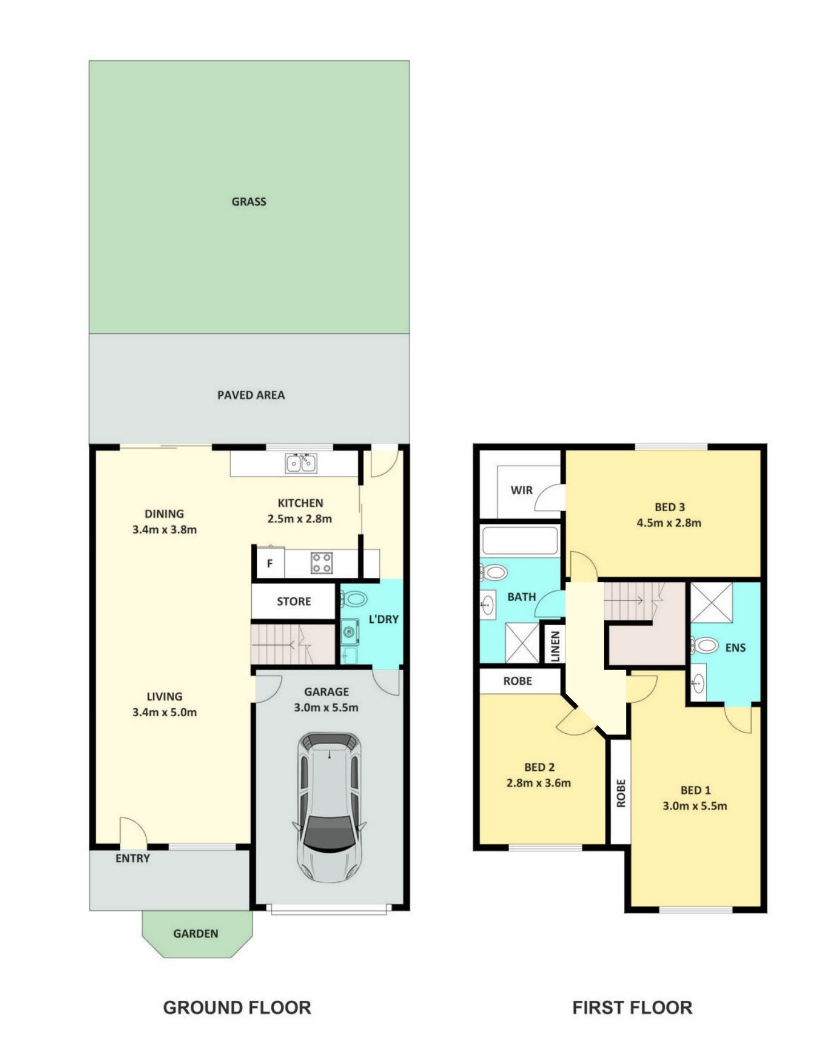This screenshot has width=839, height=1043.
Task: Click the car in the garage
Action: (x=329, y=807)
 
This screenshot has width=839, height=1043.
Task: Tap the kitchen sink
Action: (x=301, y=463)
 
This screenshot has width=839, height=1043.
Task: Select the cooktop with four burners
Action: (x=321, y=563)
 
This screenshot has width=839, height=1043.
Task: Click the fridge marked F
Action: (x=270, y=563)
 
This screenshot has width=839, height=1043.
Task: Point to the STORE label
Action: (x=294, y=601)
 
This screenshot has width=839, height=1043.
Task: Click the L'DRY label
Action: (x=383, y=619)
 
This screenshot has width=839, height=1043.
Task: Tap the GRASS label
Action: (x=249, y=202)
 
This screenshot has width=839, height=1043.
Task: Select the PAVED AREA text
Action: (x=251, y=395)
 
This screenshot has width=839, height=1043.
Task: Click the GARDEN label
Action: (x=195, y=934)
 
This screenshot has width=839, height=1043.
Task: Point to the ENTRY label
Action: (x=133, y=859)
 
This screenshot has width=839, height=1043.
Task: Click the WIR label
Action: (x=522, y=490)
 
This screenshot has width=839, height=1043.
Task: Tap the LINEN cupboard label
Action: (x=555, y=646)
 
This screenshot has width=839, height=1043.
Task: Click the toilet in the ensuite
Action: (x=705, y=645)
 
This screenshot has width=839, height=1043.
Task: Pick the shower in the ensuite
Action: (x=711, y=603)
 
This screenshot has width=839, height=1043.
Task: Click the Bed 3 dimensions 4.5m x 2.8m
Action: (x=669, y=523)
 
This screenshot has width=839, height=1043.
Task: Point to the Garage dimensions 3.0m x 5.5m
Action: (x=326, y=708)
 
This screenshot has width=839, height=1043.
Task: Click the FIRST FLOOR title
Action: (x=632, y=1008)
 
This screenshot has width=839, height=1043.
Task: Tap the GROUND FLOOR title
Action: (x=237, y=1008)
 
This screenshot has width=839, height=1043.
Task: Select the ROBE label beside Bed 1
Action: (x=621, y=793)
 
